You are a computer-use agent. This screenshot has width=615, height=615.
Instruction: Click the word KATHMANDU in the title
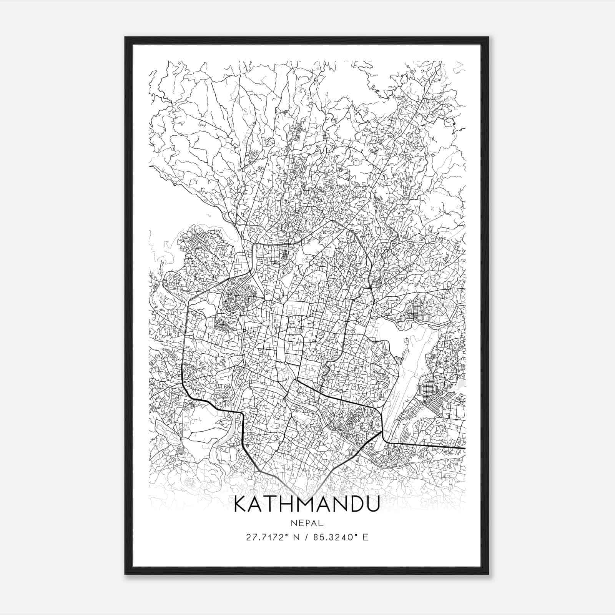(306, 504)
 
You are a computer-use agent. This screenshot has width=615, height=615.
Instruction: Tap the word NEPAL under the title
(307, 523)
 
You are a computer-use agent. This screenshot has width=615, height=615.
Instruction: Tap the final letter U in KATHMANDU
(372, 504)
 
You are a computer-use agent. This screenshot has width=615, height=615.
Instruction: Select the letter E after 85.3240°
(366, 537)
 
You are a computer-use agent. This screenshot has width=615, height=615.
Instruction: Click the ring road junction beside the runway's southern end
(382, 432)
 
